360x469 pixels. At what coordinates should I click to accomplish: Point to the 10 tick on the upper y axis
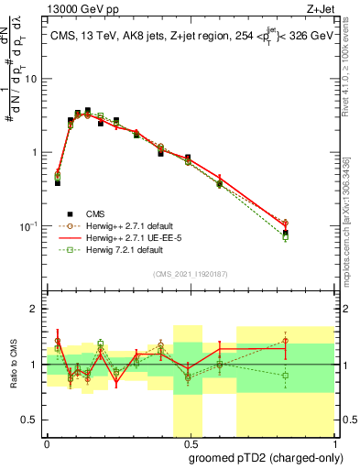30,79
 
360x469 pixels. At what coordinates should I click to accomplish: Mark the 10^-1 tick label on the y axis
28,226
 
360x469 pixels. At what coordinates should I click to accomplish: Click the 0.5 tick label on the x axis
190,442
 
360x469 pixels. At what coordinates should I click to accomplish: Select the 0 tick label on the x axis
47,442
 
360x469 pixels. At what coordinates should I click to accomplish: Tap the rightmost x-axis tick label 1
333,442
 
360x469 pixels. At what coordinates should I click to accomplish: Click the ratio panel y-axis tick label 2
34,309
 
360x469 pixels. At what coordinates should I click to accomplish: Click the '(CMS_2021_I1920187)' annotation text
191,274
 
